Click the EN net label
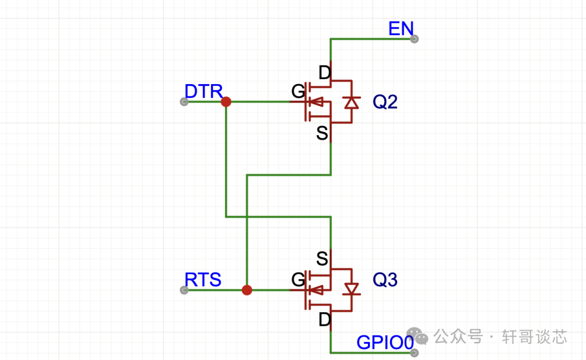[401, 29]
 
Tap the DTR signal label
[203, 91]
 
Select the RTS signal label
[203, 280]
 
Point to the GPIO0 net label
[385, 343]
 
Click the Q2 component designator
[385, 102]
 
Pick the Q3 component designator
[385, 280]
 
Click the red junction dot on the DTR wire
[226, 102]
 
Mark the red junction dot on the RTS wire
[247, 290]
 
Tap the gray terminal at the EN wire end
[415, 39]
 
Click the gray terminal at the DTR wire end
[184, 102]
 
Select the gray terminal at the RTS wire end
[184, 290]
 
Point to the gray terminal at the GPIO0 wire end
[415, 352]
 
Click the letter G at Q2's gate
[298, 92]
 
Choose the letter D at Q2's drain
[324, 72]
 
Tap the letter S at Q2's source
[322, 133]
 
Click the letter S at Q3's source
[322, 259]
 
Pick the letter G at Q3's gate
[298, 280]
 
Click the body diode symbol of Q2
[352, 102]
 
